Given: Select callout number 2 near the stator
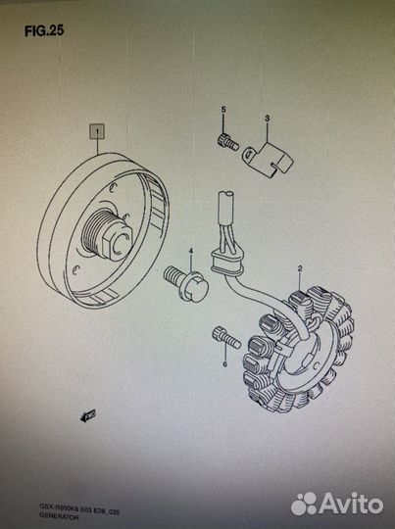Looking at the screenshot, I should pos(300,267).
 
